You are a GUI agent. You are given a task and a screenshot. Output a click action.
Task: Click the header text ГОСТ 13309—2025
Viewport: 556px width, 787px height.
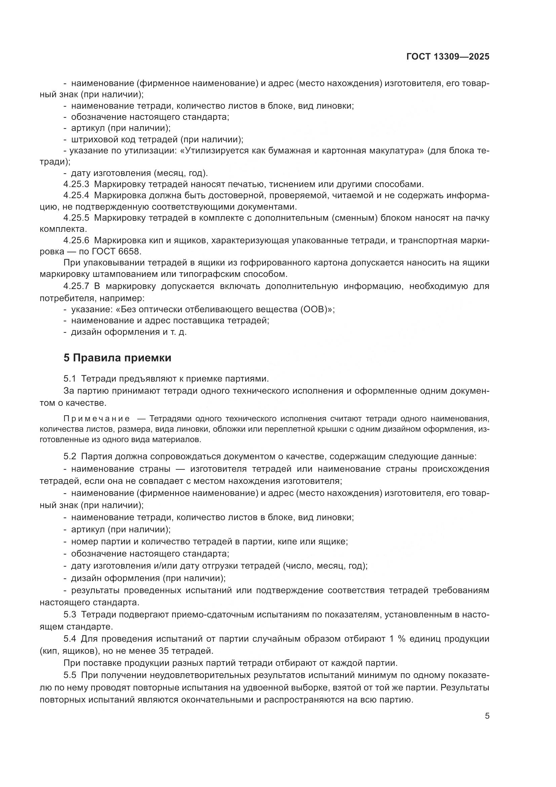coord(447,57)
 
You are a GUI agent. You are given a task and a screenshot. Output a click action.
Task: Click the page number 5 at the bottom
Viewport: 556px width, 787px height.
coord(487,716)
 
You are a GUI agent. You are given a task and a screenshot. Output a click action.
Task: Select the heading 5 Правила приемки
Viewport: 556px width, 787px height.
coord(117,358)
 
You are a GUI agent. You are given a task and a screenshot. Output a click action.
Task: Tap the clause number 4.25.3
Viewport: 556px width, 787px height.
coord(76,184)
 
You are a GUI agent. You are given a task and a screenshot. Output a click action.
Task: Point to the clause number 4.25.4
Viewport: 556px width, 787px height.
coord(76,196)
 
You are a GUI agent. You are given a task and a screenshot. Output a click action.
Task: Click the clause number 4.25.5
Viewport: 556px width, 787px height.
coord(76,218)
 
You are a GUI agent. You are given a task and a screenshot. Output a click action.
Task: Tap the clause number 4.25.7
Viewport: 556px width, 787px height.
coord(76,286)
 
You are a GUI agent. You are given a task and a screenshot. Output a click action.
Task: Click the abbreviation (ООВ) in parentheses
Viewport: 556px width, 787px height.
coord(314,310)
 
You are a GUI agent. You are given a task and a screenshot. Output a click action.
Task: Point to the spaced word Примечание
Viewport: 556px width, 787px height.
coord(97,419)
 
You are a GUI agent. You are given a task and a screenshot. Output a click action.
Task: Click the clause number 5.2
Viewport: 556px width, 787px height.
coord(70,457)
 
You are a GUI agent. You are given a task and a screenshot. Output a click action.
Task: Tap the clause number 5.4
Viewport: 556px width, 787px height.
coord(70,639)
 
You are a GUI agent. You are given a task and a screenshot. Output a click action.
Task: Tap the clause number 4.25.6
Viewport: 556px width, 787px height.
coord(76,241)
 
